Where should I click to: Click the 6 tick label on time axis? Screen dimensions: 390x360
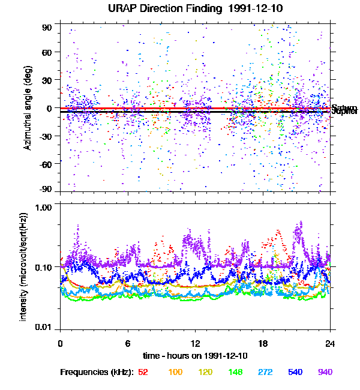pyautogui.click(x=128, y=343)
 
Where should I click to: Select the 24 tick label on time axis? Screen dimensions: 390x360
pyautogui.click(x=330, y=343)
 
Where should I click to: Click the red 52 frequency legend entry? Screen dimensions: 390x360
pyautogui.click(x=143, y=372)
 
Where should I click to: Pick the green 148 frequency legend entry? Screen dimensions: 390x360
pyautogui.click(x=235, y=372)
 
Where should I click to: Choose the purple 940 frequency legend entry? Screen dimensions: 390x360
pyautogui.click(x=325, y=372)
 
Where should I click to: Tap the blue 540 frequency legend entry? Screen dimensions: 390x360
pyautogui.click(x=295, y=372)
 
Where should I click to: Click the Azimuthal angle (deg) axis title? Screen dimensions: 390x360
pyautogui.click(x=28, y=109)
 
